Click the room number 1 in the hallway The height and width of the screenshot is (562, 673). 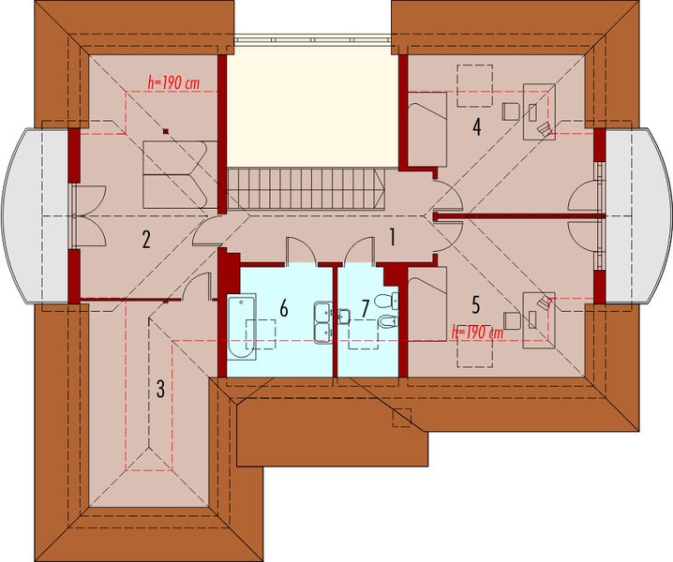[x=394, y=238]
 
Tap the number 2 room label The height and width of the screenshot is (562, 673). [x=146, y=240]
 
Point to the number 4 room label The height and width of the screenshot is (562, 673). [x=477, y=126]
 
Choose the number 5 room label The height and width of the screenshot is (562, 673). [x=476, y=303]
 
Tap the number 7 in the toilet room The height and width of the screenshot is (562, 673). [x=366, y=306]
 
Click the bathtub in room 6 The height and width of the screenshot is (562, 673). [x=242, y=326]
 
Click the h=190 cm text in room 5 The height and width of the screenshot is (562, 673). [x=477, y=331]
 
